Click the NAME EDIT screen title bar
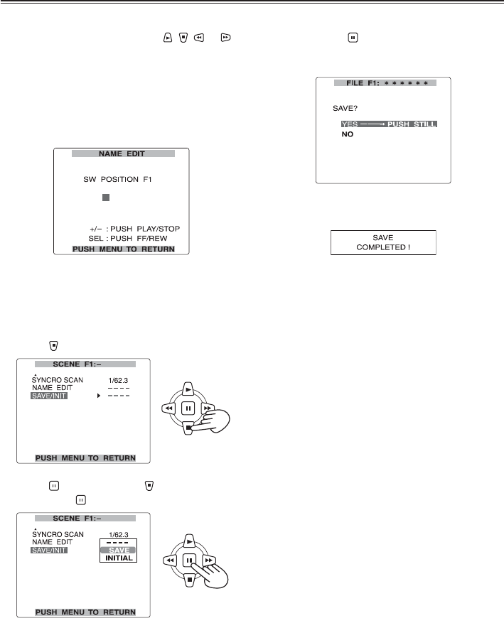pos(122,153)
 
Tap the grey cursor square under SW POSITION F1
pos(105,197)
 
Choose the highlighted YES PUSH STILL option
pos(388,124)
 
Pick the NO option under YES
pos(348,134)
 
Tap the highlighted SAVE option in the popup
pos(117,550)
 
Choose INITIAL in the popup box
pos(117,558)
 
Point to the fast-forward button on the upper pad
pos(206,408)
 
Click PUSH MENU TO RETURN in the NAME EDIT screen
pos(122,249)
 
